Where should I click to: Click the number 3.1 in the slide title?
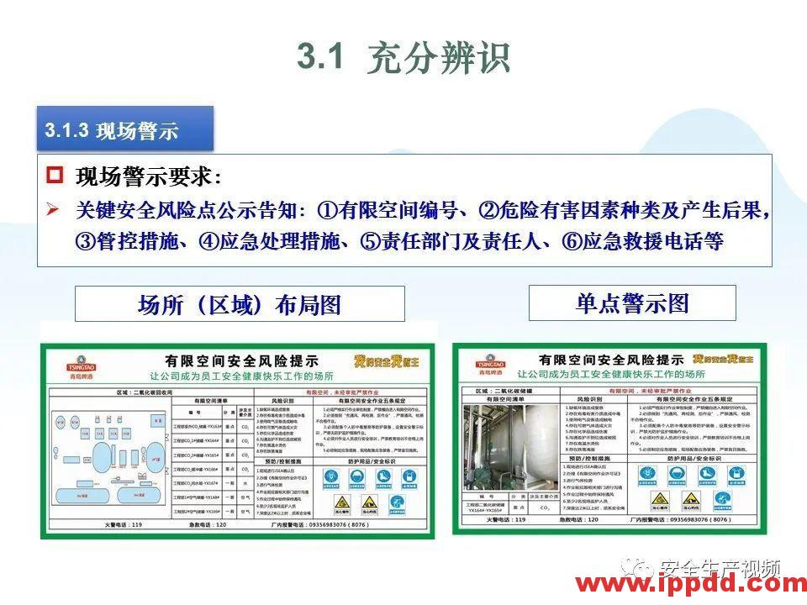321,57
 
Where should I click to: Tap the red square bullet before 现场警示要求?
55,176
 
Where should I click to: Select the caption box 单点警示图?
631,303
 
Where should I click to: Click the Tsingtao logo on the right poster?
489,362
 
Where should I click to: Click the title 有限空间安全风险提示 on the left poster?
239,360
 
